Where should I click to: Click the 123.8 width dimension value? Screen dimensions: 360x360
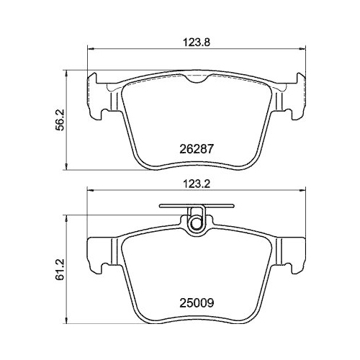point(197,42)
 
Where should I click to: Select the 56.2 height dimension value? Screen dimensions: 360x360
point(60,120)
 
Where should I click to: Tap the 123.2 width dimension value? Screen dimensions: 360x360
point(197,184)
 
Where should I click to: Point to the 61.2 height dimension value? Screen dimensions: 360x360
point(60,269)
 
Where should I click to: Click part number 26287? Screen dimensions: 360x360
point(197,149)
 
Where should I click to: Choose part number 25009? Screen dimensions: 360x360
point(197,303)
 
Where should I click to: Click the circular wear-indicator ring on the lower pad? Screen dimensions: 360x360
point(197,223)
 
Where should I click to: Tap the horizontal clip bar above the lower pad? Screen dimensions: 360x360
point(197,205)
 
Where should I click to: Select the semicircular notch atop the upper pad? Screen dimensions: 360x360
point(197,79)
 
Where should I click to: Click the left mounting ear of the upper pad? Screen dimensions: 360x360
point(96,96)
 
